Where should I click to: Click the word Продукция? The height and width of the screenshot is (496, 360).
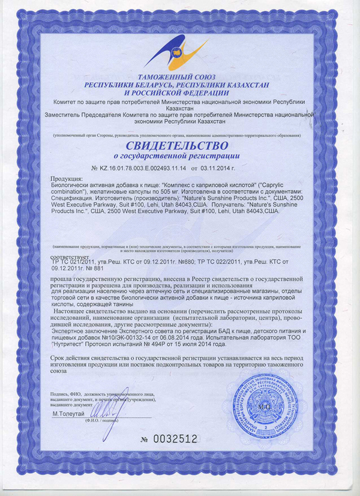tap(67, 180)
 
